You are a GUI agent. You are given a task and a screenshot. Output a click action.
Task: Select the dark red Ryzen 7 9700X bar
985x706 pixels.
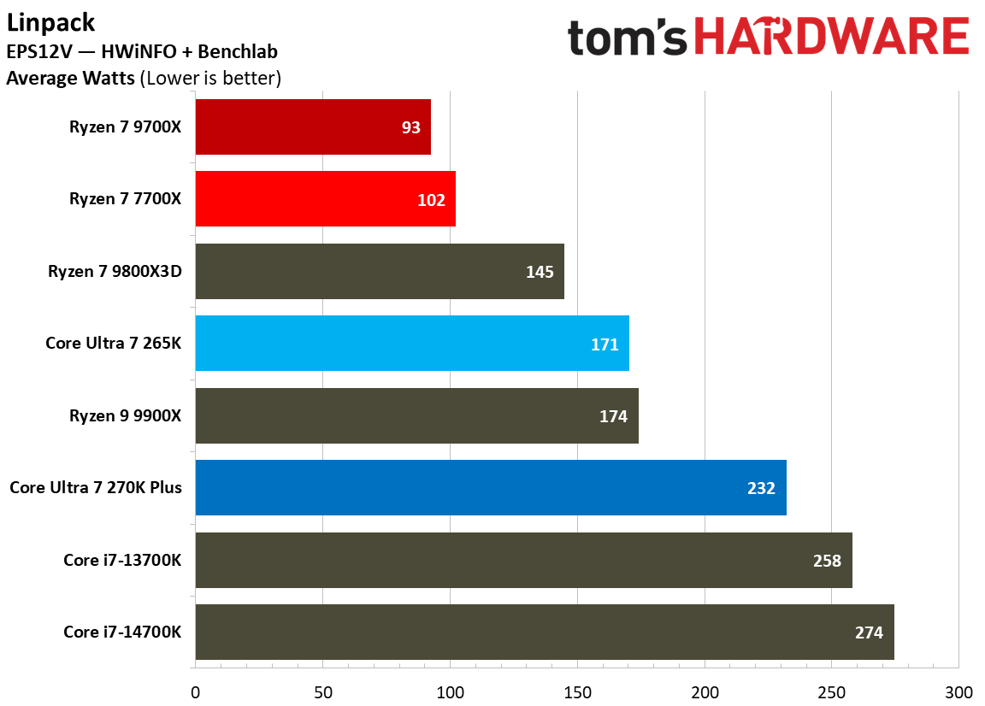click(x=312, y=126)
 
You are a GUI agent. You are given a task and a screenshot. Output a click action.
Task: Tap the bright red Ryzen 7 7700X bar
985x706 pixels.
click(x=325, y=199)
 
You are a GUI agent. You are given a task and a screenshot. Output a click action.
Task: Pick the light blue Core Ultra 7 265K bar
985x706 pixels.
click(x=412, y=344)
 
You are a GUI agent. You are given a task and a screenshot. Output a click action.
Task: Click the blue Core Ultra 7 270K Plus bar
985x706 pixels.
click(x=490, y=488)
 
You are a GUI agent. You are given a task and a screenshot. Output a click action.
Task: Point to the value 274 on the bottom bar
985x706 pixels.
click(x=869, y=633)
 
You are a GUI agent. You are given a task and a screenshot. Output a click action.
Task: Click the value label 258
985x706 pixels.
click(x=827, y=561)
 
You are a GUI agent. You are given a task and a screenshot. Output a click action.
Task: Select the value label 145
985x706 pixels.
click(x=540, y=272)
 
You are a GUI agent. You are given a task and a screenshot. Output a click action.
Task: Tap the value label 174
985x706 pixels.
click(x=613, y=416)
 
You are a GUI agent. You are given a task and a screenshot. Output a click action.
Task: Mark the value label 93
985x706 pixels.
click(x=411, y=127)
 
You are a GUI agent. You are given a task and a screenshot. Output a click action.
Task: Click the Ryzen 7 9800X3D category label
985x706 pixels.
click(x=121, y=272)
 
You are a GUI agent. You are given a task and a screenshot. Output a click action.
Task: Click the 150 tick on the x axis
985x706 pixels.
click(x=577, y=691)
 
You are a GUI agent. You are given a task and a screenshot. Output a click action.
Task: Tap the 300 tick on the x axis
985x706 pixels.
click(x=958, y=691)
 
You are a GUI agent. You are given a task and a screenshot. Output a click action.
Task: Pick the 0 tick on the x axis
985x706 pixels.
click(x=196, y=691)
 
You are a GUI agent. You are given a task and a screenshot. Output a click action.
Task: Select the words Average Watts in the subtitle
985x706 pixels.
click(x=70, y=79)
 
